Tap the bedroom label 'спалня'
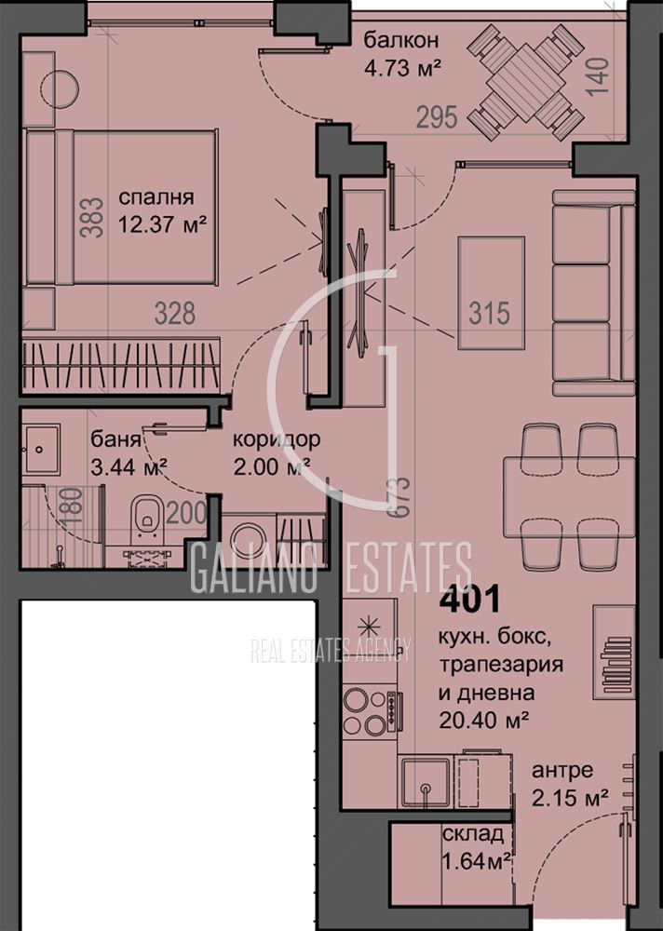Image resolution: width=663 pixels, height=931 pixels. pos(156,197)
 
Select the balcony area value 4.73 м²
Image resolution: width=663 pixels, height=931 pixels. pos(402,68)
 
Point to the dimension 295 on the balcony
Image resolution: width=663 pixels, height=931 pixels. pos(437,117)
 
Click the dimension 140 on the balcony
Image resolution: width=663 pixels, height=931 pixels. pos(598,75)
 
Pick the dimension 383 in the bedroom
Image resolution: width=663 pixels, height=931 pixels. pos(91,218)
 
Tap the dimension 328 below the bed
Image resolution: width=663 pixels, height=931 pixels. pos(175,313)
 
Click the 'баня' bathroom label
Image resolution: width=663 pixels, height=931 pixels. pos(115,440)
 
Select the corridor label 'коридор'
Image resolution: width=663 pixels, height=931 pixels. pos(276,440)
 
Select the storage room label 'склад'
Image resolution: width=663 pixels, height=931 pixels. pos(473,834)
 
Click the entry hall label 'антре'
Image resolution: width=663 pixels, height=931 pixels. pos(562,771)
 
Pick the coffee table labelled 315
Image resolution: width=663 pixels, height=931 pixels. pos(491,293)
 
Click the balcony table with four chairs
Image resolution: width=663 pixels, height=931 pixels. pos(526,82)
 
